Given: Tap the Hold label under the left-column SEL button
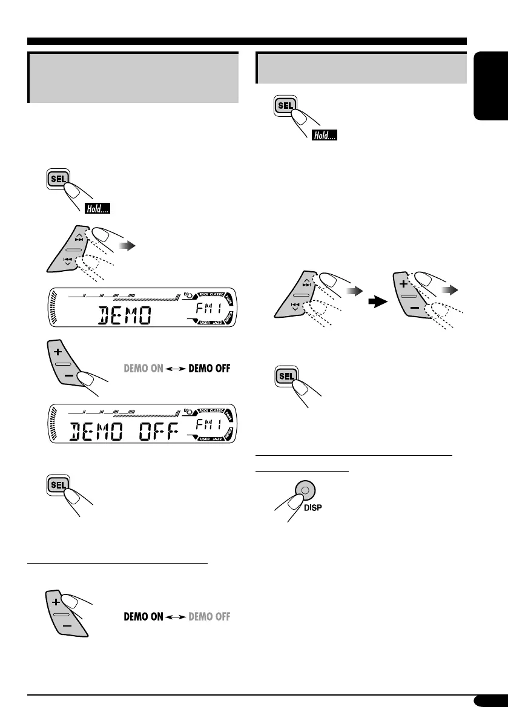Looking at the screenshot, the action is coord(97,210).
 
